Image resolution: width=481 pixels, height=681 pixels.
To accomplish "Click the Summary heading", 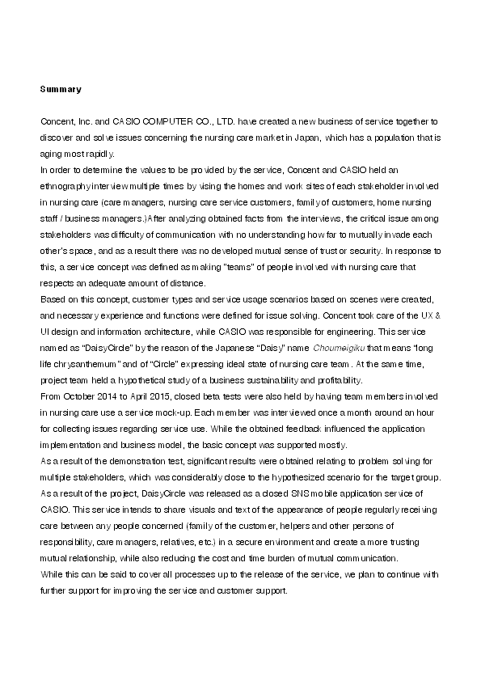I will click(61, 87).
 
